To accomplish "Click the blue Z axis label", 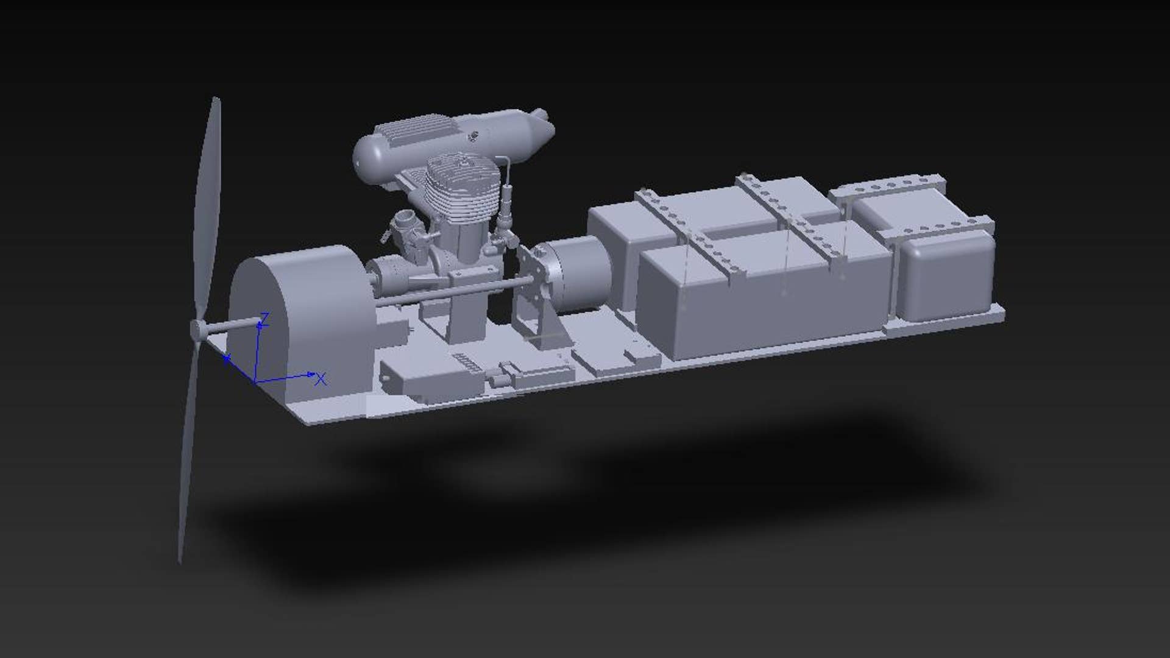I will [265, 317].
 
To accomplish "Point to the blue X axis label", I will [321, 380].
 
